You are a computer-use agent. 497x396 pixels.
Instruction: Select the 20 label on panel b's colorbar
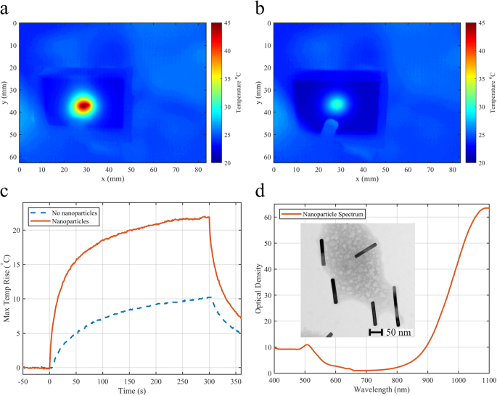click(x=480, y=162)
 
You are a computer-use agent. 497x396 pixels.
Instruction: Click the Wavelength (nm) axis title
click(x=381, y=389)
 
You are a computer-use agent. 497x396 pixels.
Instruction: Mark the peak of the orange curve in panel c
click(x=208, y=216)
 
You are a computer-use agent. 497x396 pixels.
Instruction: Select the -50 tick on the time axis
click(x=24, y=379)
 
